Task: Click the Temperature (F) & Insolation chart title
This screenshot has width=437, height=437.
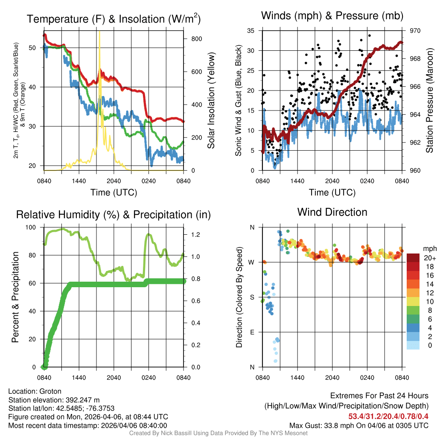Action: pyautogui.click(x=114, y=19)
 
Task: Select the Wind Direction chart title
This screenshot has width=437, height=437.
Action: pyautogui.click(x=332, y=212)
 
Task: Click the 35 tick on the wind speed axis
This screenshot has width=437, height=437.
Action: pyautogui.click(x=251, y=31)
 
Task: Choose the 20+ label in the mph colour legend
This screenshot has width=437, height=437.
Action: pyautogui.click(x=429, y=258)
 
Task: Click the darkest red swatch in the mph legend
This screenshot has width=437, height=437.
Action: pyautogui.click(x=413, y=258)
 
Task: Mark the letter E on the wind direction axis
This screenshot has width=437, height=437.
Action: pyautogui.click(x=252, y=332)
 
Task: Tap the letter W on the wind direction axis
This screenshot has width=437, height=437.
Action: pyautogui.click(x=252, y=262)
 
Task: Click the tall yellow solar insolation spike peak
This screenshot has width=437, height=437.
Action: pyautogui.click(x=99, y=32)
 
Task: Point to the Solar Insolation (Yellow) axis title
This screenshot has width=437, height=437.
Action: pyautogui.click(x=211, y=100)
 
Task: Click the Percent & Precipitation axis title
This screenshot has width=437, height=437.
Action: pyautogui.click(x=16, y=297)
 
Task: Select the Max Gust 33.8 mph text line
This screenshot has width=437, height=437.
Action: pyautogui.click(x=358, y=425)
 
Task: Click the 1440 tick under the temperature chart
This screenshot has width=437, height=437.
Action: pyautogui.click(x=79, y=181)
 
